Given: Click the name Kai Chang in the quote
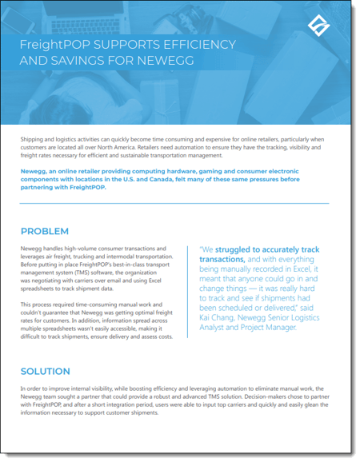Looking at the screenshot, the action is pyautogui.click(x=216, y=323).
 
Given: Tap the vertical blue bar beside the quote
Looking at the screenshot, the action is pyautogui.click(x=194, y=292).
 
